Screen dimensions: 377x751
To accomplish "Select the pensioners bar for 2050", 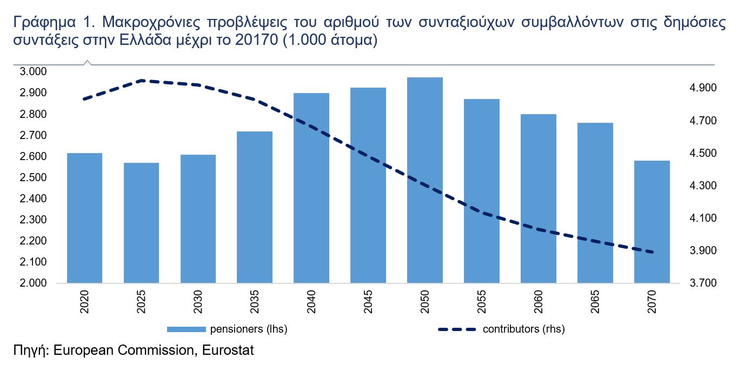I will point(424,180).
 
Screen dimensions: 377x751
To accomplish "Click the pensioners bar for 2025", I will point(142,223).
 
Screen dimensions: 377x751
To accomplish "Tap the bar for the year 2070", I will point(652,222).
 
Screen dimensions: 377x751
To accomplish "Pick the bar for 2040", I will point(311,188).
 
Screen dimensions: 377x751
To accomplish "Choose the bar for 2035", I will point(255,207).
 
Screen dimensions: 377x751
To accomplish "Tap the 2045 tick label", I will point(368,302).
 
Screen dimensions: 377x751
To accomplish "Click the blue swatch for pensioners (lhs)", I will point(186,329).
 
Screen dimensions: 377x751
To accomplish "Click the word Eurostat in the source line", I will point(227,350).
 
